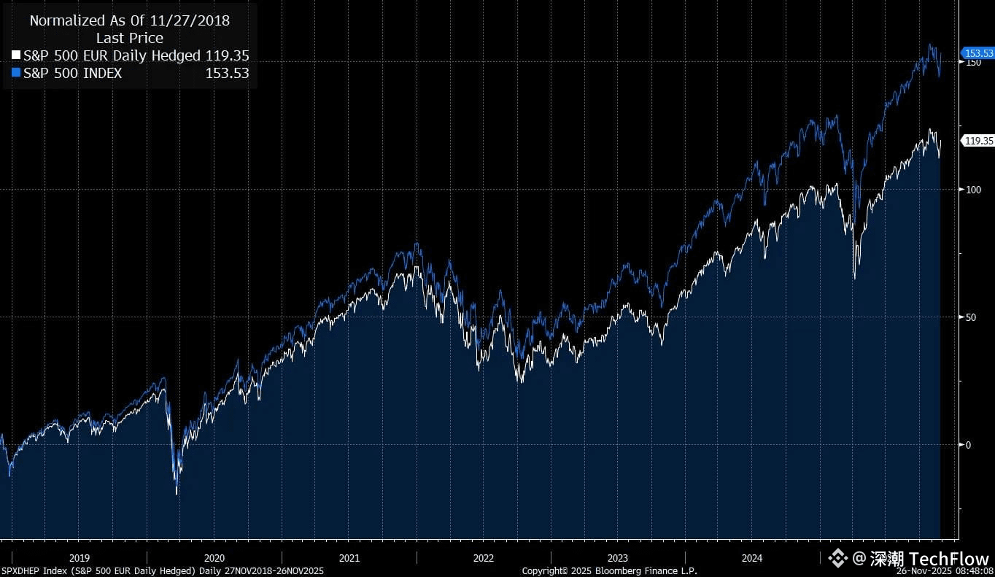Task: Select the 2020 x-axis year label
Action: coord(214,559)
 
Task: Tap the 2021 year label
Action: coord(349,559)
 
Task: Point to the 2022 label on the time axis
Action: coord(484,559)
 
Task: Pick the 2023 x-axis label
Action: coord(618,559)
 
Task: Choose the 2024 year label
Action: coord(752,559)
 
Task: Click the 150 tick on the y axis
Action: coord(972,63)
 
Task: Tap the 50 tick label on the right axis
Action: coord(970,317)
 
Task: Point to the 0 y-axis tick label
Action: coord(967,445)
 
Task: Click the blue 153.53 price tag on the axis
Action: coord(978,53)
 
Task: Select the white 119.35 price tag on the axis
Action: coord(978,141)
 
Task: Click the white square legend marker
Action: coord(17,55)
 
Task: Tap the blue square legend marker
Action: coord(17,73)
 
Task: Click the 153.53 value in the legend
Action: coord(227,73)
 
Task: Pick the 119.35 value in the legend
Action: coord(227,55)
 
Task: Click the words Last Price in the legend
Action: coord(130,38)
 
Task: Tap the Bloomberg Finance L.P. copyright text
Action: coord(609,570)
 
